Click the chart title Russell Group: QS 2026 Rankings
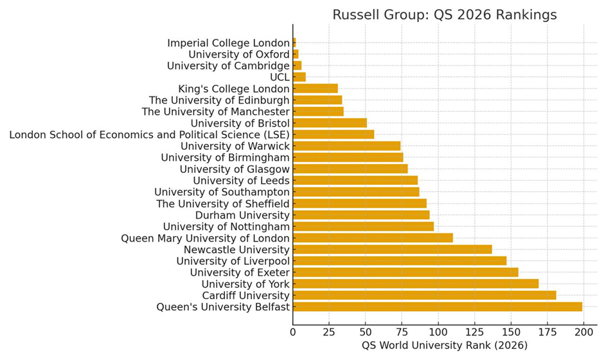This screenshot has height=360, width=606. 444,14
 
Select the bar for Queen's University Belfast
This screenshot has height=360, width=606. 437,307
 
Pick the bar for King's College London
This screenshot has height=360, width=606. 315,88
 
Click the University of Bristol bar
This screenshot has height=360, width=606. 330,123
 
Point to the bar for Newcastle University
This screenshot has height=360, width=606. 392,249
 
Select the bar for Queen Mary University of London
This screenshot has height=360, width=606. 373,238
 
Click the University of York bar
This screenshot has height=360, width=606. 415,283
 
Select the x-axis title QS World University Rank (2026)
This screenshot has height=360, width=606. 444,346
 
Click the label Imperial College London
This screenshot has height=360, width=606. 228,42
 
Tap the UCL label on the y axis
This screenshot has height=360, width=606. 280,77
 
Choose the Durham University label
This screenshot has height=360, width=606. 242,215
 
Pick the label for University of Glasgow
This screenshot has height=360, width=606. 235,169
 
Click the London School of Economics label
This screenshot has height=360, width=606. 149,134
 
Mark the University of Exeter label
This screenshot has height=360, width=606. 240,273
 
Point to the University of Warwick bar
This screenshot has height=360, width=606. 346,146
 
